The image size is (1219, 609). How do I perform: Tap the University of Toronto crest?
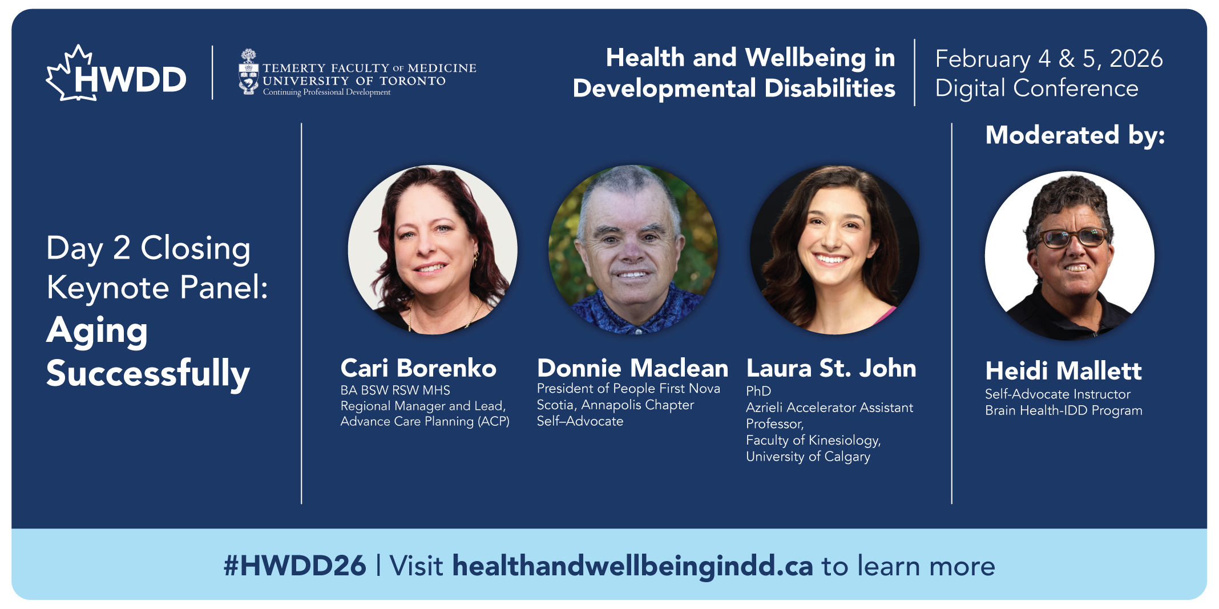(248, 72)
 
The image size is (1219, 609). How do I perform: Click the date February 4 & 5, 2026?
(1049, 59)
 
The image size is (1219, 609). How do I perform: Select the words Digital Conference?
(1036, 88)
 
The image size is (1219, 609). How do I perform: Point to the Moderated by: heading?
(1075, 135)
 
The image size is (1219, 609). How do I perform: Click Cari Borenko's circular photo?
(433, 249)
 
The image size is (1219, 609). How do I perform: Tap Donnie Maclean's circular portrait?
(633, 249)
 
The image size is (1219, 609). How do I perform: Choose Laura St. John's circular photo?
(834, 249)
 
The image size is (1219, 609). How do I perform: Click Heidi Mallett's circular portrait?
(1069, 256)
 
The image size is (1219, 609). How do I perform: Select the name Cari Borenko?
(418, 368)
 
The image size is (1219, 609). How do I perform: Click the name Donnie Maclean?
(632, 368)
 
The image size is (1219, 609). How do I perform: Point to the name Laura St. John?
(831, 368)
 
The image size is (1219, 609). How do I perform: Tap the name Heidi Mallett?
(1063, 371)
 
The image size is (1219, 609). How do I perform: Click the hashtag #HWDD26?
(294, 566)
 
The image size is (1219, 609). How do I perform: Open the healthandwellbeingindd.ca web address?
(632, 566)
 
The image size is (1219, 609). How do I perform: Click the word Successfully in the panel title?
(148, 374)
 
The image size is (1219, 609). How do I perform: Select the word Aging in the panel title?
(97, 332)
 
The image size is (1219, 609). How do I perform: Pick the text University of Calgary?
(808, 457)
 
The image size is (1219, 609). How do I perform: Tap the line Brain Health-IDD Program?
(1064, 410)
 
